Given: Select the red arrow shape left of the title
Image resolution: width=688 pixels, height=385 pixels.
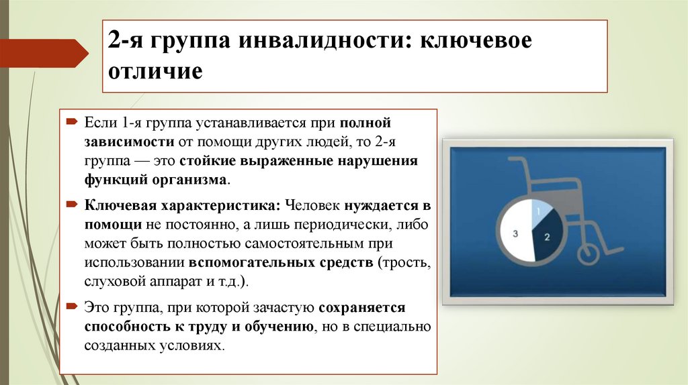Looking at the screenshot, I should coord(44,53).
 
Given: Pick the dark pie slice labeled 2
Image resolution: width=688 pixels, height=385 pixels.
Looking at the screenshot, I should coord(545,235).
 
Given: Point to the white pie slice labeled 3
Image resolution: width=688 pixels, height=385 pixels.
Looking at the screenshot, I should coord(516,233).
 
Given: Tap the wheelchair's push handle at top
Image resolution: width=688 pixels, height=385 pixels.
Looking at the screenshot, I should coord(517,161).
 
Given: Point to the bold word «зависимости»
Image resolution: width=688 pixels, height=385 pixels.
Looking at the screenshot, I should coord(128,143).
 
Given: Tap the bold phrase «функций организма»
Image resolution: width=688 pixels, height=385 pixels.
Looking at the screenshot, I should coord(157,180).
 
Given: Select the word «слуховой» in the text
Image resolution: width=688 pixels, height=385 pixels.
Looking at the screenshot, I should coord(112,280).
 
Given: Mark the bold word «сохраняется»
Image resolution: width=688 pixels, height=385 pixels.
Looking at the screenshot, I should coord(362,308).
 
